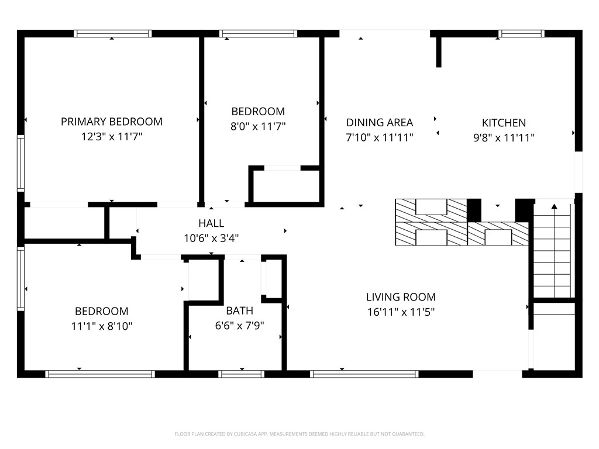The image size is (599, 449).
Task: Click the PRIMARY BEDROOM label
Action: click(x=112, y=122)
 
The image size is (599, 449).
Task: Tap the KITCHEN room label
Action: click(x=504, y=123)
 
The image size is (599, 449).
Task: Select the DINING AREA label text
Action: click(x=379, y=123)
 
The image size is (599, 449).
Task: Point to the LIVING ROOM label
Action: click(x=401, y=297)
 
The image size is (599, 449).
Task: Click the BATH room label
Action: click(x=239, y=311)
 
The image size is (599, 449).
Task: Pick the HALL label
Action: click(x=211, y=223)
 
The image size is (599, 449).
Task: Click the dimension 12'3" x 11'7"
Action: click(x=112, y=137)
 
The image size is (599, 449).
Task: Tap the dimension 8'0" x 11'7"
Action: click(x=258, y=126)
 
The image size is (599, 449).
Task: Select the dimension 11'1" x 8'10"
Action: click(x=102, y=326)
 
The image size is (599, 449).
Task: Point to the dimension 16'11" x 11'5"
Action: click(x=401, y=312)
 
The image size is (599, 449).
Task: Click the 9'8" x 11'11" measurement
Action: click(x=504, y=138)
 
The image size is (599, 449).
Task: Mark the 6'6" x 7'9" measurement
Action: click(x=239, y=326)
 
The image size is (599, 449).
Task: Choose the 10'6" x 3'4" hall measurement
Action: click(x=211, y=239)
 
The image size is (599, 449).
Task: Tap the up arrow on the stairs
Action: click(x=555, y=206)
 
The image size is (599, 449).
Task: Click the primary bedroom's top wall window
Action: click(x=113, y=33)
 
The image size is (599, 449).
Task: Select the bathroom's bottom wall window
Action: click(x=242, y=374)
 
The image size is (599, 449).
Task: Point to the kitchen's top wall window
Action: click(x=521, y=33)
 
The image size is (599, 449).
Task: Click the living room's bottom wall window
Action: click(x=364, y=374)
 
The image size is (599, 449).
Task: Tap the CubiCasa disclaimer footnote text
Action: click(x=299, y=434)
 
